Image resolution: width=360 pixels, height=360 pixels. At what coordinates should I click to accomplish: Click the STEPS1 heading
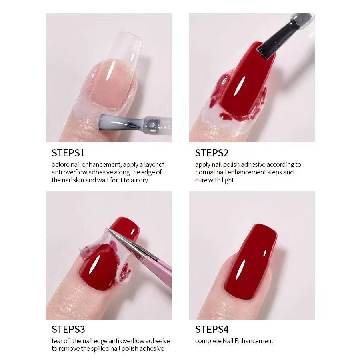coord(68,153)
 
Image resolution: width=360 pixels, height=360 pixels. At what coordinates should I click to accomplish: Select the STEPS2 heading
coord(212,153)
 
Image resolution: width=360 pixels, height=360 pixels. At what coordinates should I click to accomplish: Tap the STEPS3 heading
coord(68,329)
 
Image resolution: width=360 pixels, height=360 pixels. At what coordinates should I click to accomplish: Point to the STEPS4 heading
coord(212,329)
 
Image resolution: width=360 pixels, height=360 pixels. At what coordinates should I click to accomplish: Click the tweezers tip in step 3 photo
coord(109,230)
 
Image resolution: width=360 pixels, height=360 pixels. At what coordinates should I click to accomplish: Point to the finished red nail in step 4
coord(251,262)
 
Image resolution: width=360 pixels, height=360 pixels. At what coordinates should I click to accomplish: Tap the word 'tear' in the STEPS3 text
coord(56,341)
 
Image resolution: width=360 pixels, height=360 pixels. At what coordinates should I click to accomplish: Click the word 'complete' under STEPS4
coord(208,341)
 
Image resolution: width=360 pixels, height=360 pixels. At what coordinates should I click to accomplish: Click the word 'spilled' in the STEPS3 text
coord(100,349)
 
